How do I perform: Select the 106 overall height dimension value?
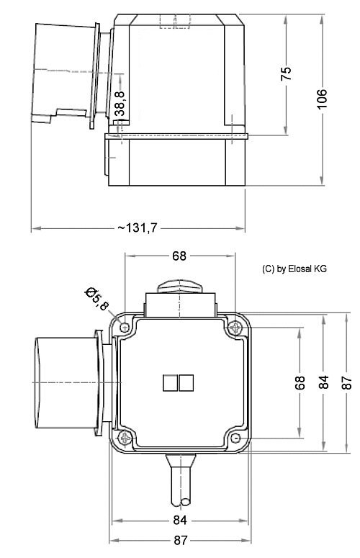[x=322, y=99]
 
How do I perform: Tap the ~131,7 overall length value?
[x=138, y=228]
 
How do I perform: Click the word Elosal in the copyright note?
[x=300, y=269]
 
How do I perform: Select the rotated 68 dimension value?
[x=300, y=382]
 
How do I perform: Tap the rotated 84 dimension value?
[x=324, y=382]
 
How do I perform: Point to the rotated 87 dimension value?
[x=346, y=382]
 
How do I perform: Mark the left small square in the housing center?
[x=171, y=382]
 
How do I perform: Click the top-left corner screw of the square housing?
[x=126, y=328]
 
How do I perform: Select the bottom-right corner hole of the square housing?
[x=235, y=438]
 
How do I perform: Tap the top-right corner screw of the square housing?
[x=235, y=328]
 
